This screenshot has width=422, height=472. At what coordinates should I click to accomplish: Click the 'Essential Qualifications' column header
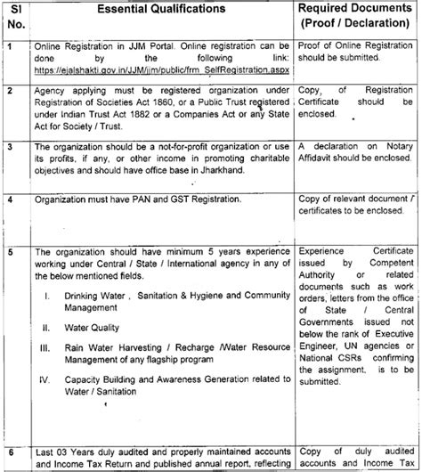(x=160, y=10)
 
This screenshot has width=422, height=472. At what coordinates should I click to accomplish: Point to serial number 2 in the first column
(x=9, y=91)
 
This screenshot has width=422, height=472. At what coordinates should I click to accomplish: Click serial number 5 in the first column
(x=9, y=252)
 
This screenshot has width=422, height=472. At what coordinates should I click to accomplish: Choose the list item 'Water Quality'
(x=94, y=328)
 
